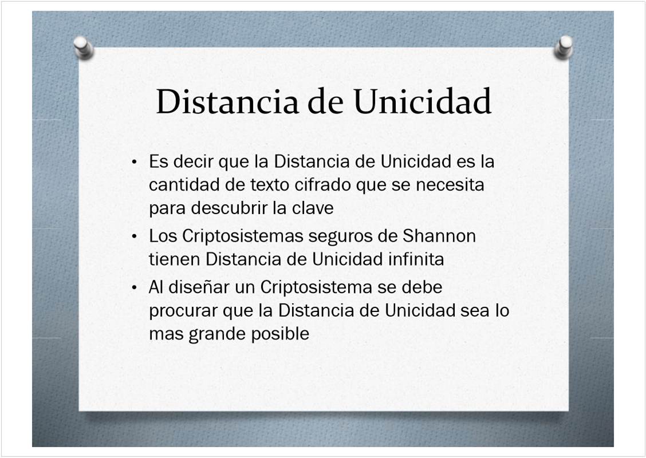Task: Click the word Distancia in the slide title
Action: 227,101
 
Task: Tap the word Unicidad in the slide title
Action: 422,101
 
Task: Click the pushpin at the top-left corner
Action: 84,48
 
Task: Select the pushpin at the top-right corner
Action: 564,47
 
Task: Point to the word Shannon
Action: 439,236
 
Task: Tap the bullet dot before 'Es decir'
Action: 135,162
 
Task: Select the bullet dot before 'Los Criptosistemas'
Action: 135,237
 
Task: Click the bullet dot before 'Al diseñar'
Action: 135,288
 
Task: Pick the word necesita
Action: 450,184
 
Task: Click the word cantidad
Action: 184,184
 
